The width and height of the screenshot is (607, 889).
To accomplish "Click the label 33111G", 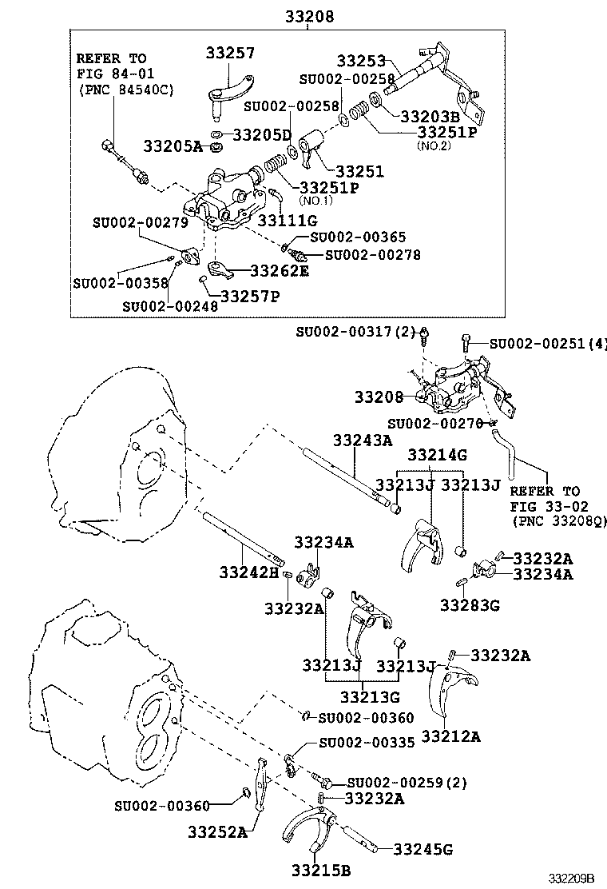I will (x=288, y=220).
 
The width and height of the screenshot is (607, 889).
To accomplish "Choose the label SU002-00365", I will (x=357, y=237).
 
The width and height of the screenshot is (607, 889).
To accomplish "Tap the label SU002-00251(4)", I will (x=547, y=344).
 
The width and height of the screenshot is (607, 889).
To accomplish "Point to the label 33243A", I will (x=363, y=440).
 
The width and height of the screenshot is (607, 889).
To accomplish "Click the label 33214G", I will (x=437, y=455).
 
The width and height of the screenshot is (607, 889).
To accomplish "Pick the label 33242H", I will (x=248, y=572).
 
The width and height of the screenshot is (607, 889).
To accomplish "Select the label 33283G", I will (x=470, y=605).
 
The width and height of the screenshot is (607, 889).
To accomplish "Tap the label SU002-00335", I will (x=366, y=742).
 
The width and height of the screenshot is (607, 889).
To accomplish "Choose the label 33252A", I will (x=218, y=831).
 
